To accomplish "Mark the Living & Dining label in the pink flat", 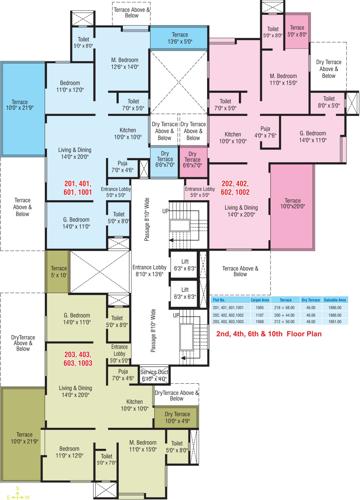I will tap(242, 210).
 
